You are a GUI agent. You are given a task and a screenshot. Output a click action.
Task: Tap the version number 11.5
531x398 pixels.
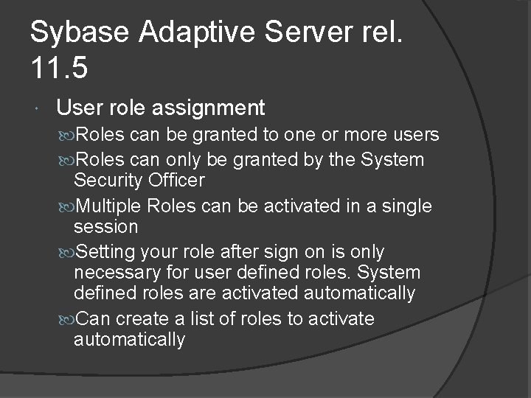(x=59, y=69)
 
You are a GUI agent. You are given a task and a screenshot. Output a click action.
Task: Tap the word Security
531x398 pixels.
(x=109, y=180)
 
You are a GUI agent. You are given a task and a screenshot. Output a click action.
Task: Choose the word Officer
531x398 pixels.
(x=176, y=180)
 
